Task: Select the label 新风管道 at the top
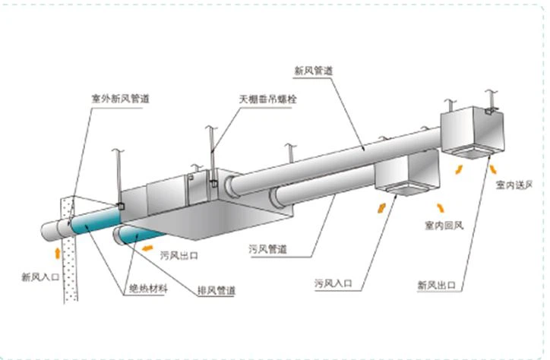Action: point(315,70)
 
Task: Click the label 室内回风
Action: point(444,226)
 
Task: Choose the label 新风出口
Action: point(436,286)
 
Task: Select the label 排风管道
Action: point(218,290)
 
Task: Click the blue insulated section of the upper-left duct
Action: point(95,222)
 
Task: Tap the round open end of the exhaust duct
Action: point(120,237)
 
